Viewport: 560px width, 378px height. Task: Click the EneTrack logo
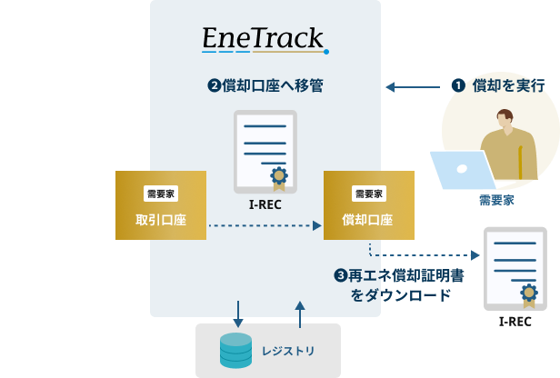[265, 40]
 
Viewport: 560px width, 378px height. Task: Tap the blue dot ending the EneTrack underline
[326, 52]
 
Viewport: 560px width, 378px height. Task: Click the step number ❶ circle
[458, 85]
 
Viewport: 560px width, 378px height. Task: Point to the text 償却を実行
[508, 86]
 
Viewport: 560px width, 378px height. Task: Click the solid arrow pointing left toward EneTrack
[413, 86]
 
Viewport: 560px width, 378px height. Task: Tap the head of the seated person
[505, 118]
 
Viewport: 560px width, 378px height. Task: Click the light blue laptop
[463, 170]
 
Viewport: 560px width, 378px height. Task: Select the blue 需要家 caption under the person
[496, 200]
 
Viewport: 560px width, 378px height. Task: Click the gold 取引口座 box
[161, 205]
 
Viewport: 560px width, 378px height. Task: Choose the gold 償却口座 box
[369, 205]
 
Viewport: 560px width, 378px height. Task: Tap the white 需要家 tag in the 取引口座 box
[161, 194]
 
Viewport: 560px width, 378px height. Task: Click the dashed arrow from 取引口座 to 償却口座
[265, 225]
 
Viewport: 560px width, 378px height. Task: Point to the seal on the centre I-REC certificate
[279, 178]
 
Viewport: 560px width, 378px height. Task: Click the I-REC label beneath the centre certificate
[265, 204]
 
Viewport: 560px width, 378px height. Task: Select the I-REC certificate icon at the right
[515, 269]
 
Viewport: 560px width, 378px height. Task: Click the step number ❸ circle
[341, 275]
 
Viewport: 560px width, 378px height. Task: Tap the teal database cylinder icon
[235, 351]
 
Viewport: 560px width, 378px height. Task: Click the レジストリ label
[288, 352]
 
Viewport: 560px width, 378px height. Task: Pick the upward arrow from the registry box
[300, 314]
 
